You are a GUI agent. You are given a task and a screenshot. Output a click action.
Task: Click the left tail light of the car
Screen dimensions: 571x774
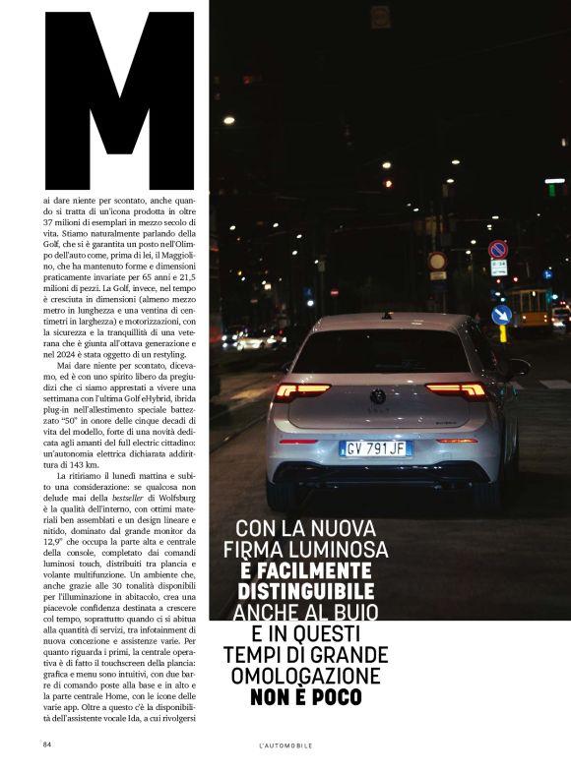[x=301, y=390]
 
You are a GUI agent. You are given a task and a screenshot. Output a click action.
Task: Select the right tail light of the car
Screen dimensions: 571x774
[x=457, y=390]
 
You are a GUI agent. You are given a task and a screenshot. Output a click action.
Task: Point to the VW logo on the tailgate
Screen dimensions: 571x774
[x=378, y=396]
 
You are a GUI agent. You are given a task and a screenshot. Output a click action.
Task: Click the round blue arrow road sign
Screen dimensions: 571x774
[x=501, y=315]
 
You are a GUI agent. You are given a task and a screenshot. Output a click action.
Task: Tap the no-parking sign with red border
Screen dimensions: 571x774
[x=498, y=250]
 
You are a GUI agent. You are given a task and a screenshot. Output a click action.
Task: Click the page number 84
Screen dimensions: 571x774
[x=46, y=744]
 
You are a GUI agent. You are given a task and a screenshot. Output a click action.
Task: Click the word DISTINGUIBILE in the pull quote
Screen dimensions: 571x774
[x=305, y=591]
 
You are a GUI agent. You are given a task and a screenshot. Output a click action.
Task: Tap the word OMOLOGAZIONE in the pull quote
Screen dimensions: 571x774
[x=304, y=676]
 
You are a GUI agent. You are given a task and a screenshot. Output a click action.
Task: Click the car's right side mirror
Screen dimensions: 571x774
[x=518, y=368]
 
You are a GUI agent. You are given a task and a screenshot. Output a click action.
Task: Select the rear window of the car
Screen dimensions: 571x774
[x=380, y=351]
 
